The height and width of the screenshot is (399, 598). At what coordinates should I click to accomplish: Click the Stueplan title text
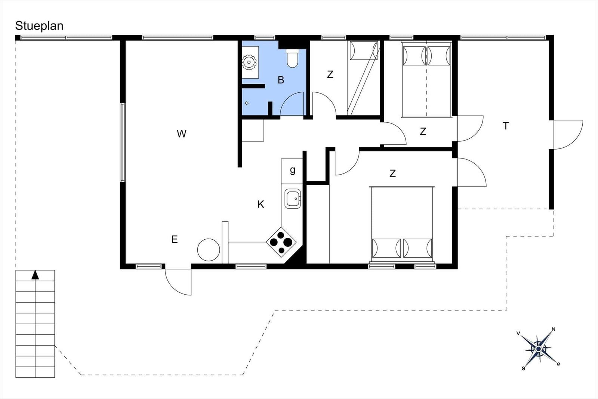click(x=39, y=26)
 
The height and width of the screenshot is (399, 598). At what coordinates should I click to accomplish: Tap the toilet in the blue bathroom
click(x=292, y=58)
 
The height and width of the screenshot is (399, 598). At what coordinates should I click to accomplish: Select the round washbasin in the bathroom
click(x=249, y=62)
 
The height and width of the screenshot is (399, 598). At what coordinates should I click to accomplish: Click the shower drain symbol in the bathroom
click(x=247, y=103)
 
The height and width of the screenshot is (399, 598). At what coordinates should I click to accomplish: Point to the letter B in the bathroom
click(x=281, y=80)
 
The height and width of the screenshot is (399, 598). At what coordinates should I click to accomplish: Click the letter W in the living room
click(x=182, y=133)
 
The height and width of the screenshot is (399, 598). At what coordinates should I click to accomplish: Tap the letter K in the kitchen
click(x=261, y=204)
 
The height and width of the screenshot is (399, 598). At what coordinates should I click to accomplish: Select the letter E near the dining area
click(x=174, y=239)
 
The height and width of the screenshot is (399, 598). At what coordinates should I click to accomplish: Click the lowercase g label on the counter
click(x=293, y=170)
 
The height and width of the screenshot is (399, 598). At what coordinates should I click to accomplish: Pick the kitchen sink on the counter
click(x=293, y=199)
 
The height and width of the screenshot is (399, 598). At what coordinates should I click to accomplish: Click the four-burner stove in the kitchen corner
click(x=281, y=242)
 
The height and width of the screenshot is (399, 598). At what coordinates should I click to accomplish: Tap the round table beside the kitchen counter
click(x=209, y=250)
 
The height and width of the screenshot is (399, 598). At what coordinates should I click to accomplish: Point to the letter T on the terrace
click(x=506, y=126)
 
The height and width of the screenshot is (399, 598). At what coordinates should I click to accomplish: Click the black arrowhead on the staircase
click(x=35, y=275)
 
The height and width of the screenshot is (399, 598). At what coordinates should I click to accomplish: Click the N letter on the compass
click(x=554, y=329)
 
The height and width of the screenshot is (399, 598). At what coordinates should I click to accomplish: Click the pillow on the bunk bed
click(x=364, y=50)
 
